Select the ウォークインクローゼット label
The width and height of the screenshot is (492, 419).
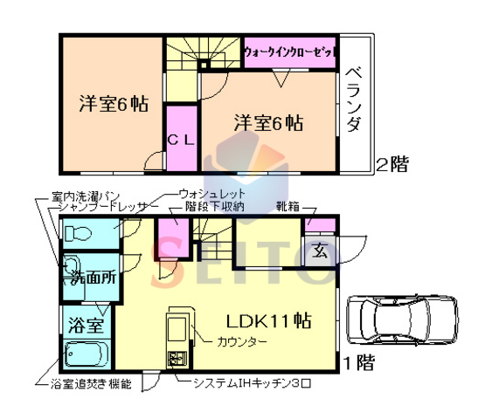click(290, 52)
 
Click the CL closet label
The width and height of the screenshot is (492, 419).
click(181, 138)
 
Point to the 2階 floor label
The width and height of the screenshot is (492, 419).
click(392, 163)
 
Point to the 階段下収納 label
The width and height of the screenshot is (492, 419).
click(214, 207)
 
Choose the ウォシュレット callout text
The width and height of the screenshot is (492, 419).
click(211, 193)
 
